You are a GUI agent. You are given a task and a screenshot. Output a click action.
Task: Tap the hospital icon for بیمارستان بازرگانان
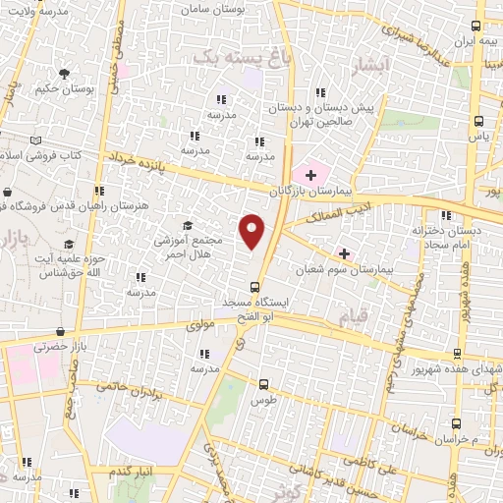tap(311, 175)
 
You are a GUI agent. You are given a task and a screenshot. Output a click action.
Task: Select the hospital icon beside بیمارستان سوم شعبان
tap(344, 252)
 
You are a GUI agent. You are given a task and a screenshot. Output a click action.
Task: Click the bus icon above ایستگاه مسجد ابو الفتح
tap(255, 287)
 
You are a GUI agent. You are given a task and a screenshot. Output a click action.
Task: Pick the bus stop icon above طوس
tap(262, 385)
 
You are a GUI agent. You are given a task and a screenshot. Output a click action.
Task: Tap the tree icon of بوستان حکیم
tap(64, 75)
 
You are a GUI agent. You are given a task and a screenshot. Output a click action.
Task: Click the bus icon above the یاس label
tap(478, 122)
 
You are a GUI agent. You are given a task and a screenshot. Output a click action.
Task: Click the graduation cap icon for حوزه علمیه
tap(69, 243)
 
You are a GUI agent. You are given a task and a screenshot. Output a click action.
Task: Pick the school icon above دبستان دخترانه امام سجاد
tap(447, 214)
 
